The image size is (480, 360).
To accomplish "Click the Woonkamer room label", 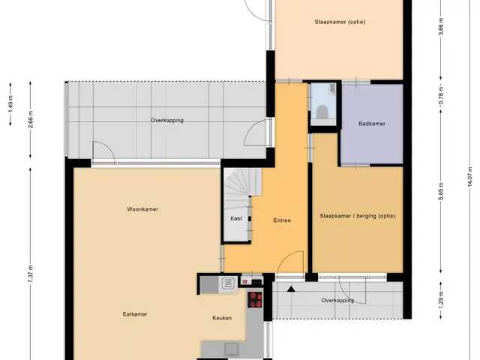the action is point(142,209).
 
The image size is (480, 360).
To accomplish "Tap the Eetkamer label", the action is point(135,314).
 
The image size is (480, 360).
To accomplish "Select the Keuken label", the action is point(222,318).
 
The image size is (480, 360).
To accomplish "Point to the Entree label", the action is point(282,220).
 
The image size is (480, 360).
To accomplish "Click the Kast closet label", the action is point(236,218).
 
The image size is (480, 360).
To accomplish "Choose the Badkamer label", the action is point(372,124).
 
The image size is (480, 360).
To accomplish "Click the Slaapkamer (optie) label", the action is point(340,22).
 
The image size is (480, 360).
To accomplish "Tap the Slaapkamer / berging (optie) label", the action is point(358,216).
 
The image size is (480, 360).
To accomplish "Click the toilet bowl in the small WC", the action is point(322,112).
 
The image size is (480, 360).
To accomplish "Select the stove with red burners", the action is point(255,300).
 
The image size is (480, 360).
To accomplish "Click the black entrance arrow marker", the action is point(291,289).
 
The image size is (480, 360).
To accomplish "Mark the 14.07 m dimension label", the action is point(470,177).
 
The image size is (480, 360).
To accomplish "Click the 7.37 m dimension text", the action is point(30,274).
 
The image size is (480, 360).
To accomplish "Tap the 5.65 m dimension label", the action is point(441,191).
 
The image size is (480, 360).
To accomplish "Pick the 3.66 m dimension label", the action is point(441,27).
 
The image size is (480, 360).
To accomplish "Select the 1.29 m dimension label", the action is point(441,301).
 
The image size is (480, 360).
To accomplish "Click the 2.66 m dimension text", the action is point(30,120).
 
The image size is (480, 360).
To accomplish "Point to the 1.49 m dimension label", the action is point(10,104).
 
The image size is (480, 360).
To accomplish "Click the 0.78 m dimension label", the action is point(441,95).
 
